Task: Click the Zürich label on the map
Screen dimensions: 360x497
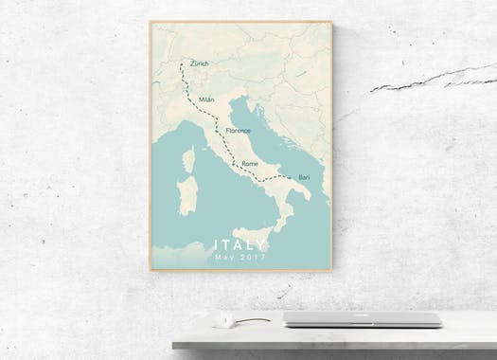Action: tap(199, 64)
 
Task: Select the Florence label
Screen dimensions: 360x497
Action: tap(238, 130)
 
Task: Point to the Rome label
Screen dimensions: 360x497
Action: tap(250, 164)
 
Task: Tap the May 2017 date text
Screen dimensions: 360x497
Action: tap(240, 258)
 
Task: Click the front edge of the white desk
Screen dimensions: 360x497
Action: tap(331, 340)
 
